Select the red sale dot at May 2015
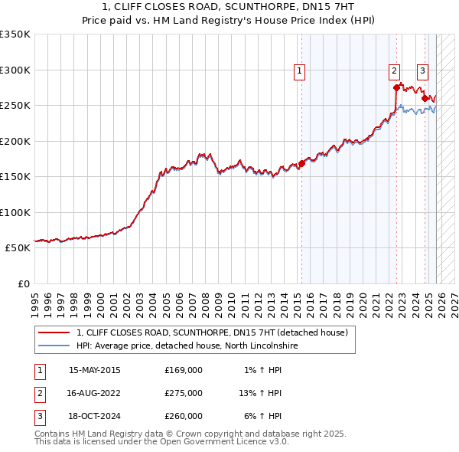[301, 163]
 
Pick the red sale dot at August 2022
[396, 87]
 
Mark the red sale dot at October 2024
[425, 98]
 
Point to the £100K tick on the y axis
[15, 212]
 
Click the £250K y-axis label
[15, 105]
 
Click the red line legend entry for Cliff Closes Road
[212, 332]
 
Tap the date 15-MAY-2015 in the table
[95, 370]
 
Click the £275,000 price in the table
[184, 393]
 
